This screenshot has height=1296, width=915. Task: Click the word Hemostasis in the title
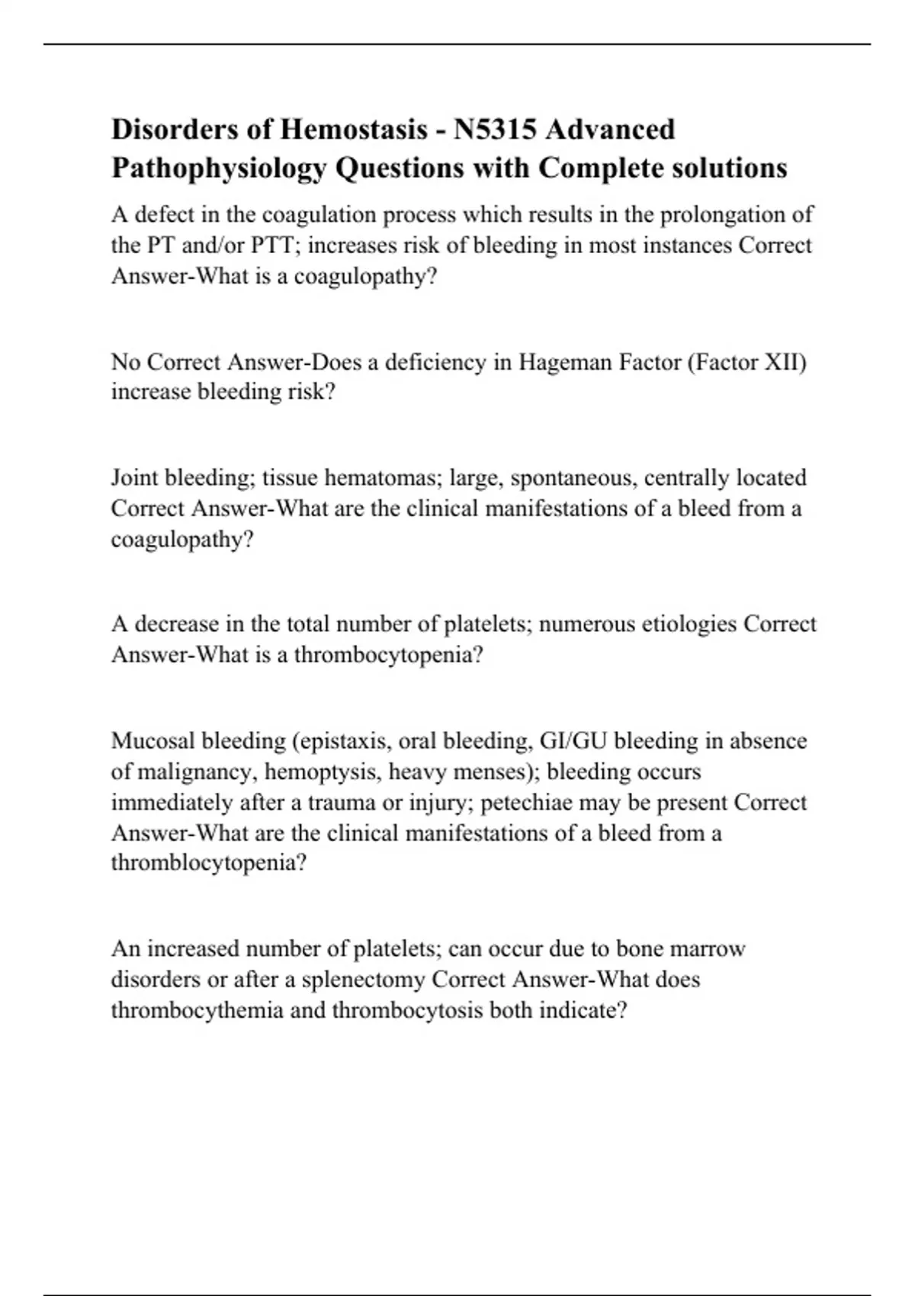[x=354, y=130]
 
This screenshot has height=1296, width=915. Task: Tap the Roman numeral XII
[x=785, y=361]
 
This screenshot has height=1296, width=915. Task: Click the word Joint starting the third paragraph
[x=134, y=478]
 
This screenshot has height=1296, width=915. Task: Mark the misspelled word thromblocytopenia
[x=208, y=863]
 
